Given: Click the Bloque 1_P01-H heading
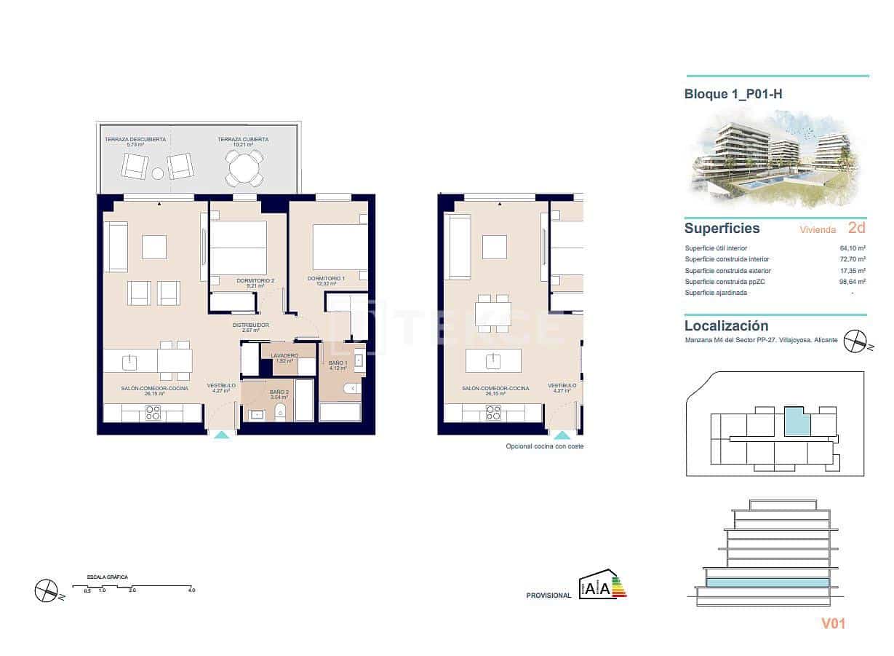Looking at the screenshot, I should [x=733, y=94].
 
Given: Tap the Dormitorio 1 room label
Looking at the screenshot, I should [x=325, y=278].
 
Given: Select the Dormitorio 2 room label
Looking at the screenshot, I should [x=255, y=280].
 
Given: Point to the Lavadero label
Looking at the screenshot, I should [x=284, y=355].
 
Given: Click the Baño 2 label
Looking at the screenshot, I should [x=279, y=392].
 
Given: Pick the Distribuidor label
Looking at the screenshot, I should [x=251, y=325].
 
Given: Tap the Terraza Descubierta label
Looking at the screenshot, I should [x=135, y=139].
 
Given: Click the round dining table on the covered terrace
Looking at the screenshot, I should [x=242, y=170].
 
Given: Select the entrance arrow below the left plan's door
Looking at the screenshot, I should [x=222, y=433].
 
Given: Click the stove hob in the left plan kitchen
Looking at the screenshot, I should [x=153, y=413].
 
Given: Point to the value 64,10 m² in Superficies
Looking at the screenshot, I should [x=852, y=248].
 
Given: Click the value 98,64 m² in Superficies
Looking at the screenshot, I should [x=852, y=282].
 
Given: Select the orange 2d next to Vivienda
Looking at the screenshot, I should [x=856, y=228].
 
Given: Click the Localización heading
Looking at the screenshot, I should [x=726, y=326].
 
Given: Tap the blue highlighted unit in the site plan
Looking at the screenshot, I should [x=797, y=422].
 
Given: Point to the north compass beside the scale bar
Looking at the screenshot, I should [x=47, y=590].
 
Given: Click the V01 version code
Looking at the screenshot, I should [x=833, y=623].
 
